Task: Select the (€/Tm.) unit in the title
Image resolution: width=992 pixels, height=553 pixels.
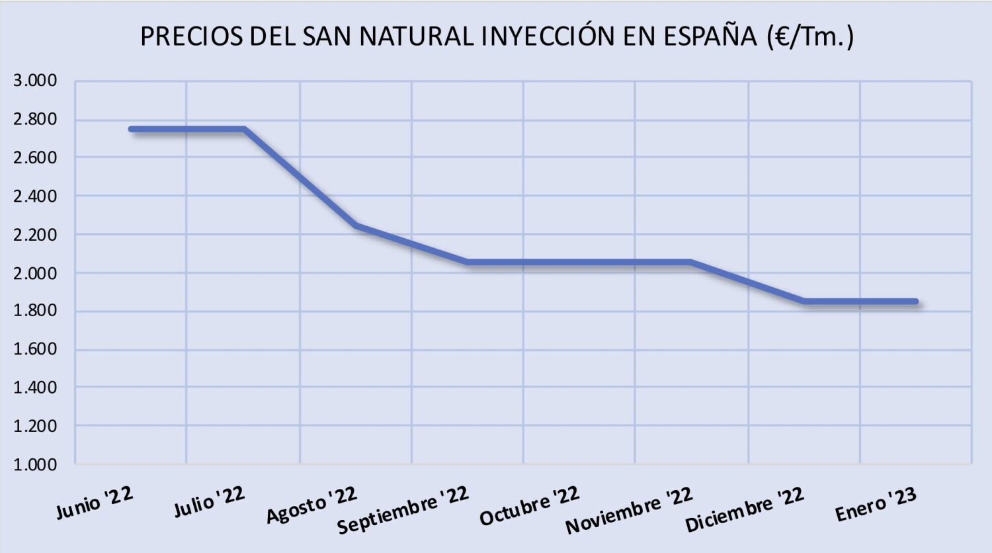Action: pos(811,36)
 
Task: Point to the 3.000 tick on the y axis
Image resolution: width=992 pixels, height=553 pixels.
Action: pos(35,81)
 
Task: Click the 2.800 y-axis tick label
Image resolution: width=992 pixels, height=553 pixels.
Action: pos(35,119)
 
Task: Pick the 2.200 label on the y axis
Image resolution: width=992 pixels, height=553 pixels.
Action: pos(35,234)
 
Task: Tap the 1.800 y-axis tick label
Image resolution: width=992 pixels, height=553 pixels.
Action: pos(35,311)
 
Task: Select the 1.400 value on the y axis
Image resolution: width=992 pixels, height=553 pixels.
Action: pos(35,388)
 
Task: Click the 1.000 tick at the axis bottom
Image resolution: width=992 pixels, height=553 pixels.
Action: pos(35,464)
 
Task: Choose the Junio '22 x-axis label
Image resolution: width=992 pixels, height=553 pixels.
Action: pos(95,503)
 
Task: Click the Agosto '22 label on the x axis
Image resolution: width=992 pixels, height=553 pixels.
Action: pos(311,504)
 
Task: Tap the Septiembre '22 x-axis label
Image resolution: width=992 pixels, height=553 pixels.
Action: pos(403,509)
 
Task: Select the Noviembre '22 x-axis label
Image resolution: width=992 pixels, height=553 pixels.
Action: pos(629,510)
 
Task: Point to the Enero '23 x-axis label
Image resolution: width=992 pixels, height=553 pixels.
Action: pos(876,505)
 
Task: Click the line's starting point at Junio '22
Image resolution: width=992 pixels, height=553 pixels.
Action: pos(132,129)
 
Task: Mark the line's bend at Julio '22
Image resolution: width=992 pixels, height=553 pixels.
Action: pos(244,129)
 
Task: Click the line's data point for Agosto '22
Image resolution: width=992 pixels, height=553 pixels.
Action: pos(356,226)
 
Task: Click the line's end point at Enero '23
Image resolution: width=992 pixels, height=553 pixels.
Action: pos(916,301)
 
